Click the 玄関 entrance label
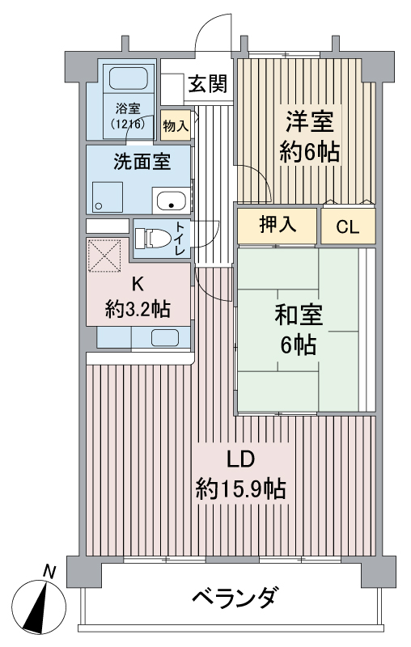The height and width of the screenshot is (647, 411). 209,83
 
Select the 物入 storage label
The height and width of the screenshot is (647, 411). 176,125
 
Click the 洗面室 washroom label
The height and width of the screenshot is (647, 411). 141,161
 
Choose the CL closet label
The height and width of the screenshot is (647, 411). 348,226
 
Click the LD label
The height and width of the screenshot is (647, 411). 240,459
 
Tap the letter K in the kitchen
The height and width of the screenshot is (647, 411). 138,284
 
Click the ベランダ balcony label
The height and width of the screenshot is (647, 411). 234,599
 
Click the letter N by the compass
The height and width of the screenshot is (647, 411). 50,573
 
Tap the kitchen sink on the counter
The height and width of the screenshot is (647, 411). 165,338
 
